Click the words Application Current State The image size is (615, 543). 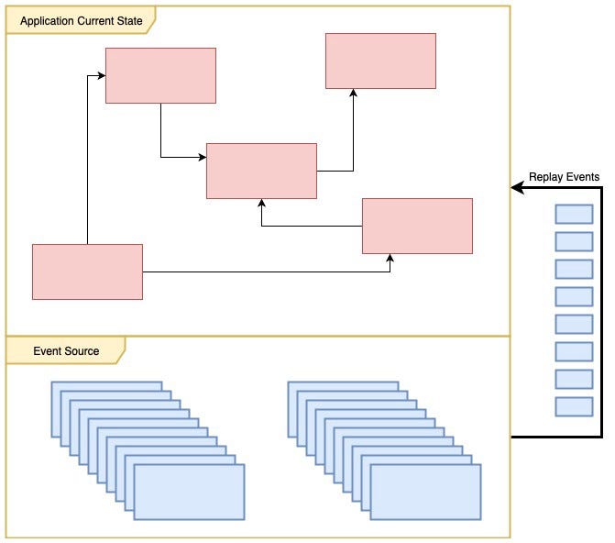pyautogui.click(x=80, y=20)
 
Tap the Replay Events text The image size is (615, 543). pyautogui.click(x=564, y=176)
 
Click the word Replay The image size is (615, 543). pyautogui.click(x=547, y=176)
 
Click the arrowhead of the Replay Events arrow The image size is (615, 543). pyautogui.click(x=516, y=189)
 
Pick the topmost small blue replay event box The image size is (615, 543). pyautogui.click(x=574, y=214)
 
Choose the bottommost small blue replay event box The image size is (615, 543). pyautogui.click(x=574, y=406)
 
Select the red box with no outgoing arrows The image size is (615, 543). pyautogui.click(x=380, y=61)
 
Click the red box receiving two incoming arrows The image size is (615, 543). pyautogui.click(x=261, y=171)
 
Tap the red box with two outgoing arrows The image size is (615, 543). pyautogui.click(x=87, y=271)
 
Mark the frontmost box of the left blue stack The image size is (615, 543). pyautogui.click(x=189, y=492)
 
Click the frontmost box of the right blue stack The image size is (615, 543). pyautogui.click(x=425, y=492)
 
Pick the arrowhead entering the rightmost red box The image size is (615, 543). pyautogui.click(x=390, y=258)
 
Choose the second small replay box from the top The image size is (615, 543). pyautogui.click(x=574, y=241)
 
